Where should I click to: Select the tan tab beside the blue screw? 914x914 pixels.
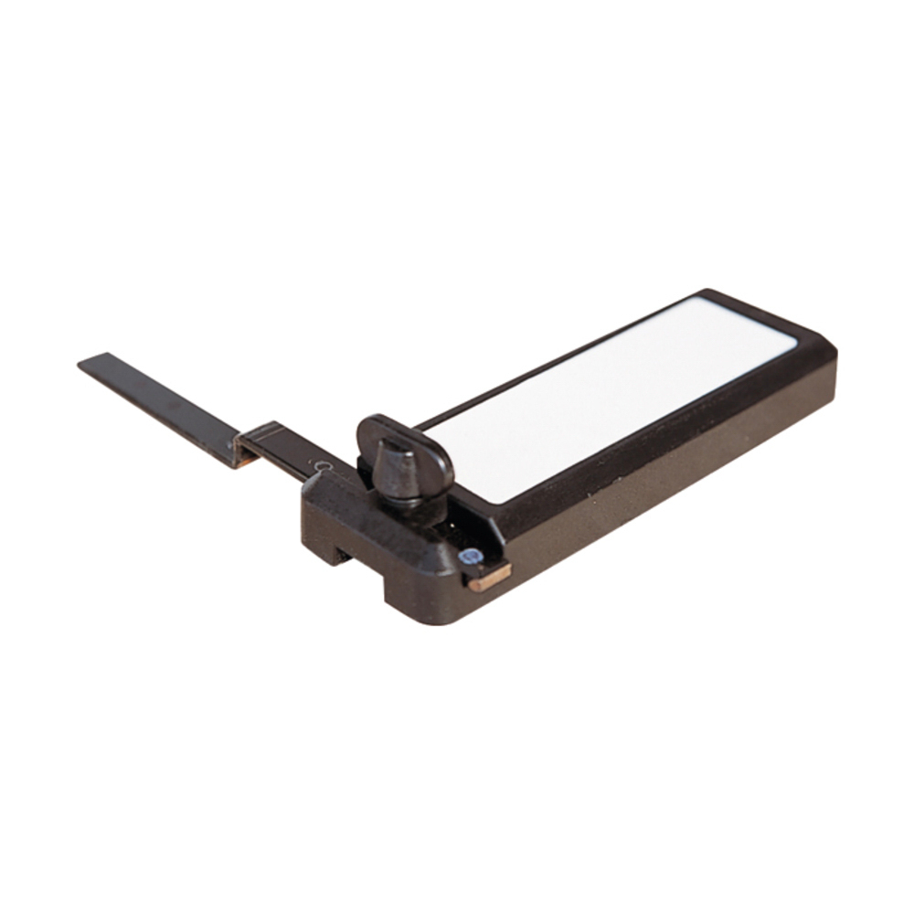pos(490,576)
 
